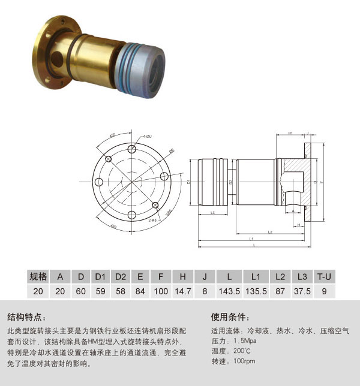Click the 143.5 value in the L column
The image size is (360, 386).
pos(229,291)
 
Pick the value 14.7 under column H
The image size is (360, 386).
pos(182,291)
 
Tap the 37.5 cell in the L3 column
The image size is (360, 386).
pos(302,291)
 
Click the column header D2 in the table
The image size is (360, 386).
pos(120,276)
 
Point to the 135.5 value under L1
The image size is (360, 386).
pos(256,291)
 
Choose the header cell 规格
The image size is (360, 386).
pos(38,276)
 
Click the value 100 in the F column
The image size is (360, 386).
pos(161,291)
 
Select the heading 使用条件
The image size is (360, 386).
pos(230,317)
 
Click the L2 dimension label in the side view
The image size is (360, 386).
pos(270,231)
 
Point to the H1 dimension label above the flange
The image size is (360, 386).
pos(290,133)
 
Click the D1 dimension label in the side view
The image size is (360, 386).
pos(189,180)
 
